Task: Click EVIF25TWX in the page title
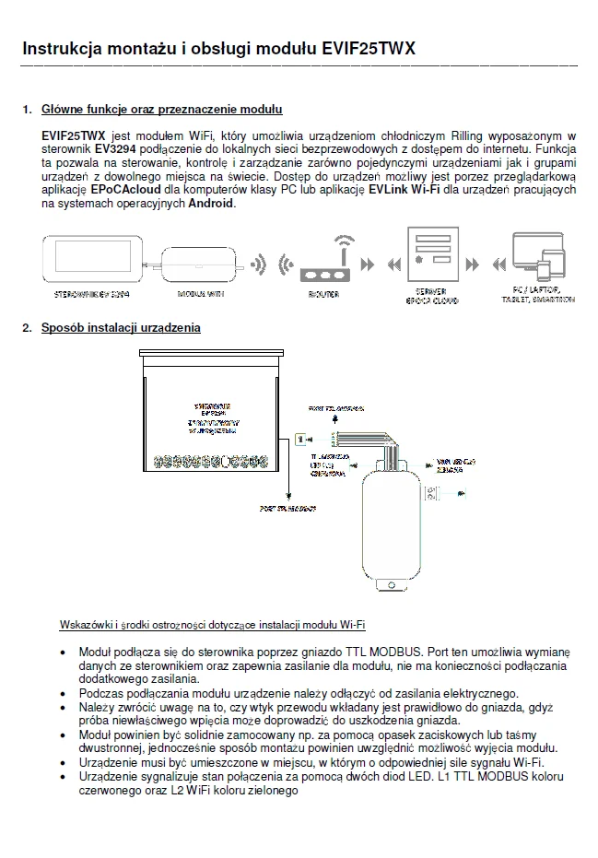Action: point(369,48)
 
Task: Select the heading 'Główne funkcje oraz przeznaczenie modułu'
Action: point(161,110)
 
